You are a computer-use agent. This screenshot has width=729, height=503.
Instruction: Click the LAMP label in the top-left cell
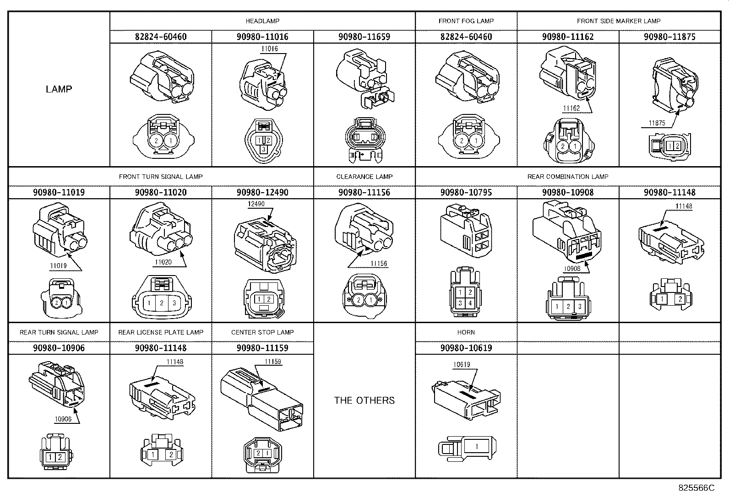pos(59,89)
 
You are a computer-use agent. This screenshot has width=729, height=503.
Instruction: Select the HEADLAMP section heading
pos(262,21)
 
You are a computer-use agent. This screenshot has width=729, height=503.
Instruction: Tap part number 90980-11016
pos(262,37)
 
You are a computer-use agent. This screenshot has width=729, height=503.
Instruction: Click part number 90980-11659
pos(364,37)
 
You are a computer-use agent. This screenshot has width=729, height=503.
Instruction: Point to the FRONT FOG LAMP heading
pos(466,21)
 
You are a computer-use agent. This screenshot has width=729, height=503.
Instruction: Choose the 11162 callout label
pos(571,108)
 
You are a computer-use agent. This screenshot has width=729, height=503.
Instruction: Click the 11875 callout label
pos(657,123)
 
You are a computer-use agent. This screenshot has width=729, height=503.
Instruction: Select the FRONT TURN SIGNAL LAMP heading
pos(161,177)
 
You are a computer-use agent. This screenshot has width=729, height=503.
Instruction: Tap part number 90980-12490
pos(262,192)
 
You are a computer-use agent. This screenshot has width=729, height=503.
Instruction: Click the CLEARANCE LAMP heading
pos(364,177)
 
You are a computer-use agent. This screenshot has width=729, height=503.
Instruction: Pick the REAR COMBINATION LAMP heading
pos(567,177)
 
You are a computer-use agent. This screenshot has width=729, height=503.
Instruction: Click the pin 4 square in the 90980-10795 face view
pos(470,303)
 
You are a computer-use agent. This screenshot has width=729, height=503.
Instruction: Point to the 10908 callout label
pos(572,269)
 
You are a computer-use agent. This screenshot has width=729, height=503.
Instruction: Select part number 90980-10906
pos(59,348)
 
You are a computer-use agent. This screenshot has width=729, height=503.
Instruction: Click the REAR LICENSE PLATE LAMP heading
pos(161,332)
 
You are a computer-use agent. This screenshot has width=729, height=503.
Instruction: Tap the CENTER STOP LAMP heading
pos(262,332)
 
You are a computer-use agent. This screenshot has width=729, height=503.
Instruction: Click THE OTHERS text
pos(364,400)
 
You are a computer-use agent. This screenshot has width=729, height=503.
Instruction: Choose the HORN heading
pos(466,332)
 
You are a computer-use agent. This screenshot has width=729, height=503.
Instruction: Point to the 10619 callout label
pos(462,365)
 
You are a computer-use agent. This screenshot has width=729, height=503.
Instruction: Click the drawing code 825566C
pos(696,488)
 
